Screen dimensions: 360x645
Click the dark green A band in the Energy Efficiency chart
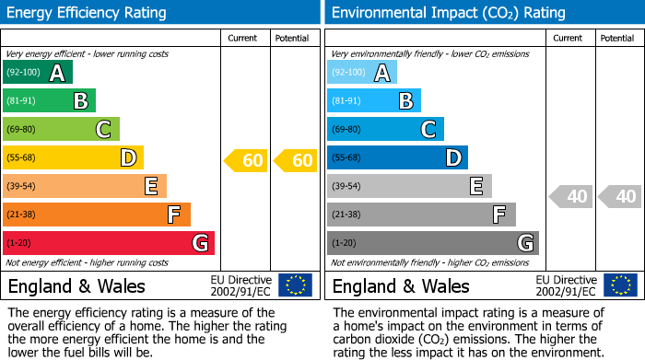tap(37, 73)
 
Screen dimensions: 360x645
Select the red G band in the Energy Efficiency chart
tap(109, 243)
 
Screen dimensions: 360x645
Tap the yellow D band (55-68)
tap(74, 158)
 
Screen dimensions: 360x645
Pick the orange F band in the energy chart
tap(97, 215)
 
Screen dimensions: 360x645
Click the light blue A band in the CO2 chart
tap(362, 73)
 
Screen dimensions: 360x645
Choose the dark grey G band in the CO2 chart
tap(433, 243)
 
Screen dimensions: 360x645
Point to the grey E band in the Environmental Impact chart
tap(409, 186)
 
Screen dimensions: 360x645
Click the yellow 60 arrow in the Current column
tap(246, 161)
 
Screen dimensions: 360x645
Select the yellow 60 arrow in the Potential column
tap(296, 161)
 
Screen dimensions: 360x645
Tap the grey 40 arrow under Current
tap(570, 197)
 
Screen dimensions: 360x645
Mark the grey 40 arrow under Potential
tap(619, 197)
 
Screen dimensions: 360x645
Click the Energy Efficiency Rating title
tap(88, 13)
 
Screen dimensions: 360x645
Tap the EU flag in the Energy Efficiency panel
tap(295, 285)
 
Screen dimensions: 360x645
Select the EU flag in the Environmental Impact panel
tap(619, 285)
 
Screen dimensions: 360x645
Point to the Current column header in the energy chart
tap(243, 38)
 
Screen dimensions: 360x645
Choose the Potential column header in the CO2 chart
tap(617, 38)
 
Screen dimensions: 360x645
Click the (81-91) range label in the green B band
tap(19, 101)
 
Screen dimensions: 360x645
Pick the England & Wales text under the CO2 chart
tap(401, 285)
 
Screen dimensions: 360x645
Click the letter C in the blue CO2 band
tap(428, 130)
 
